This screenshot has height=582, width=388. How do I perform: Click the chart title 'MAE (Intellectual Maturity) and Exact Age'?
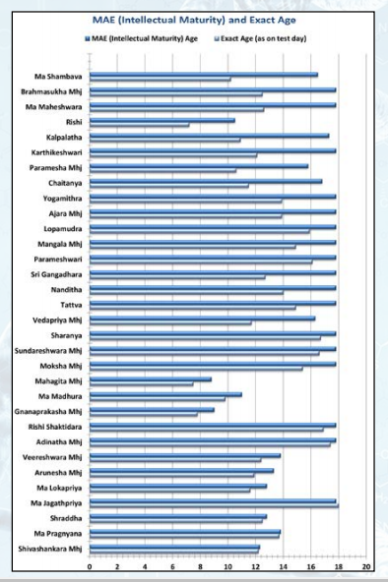pyautogui.click(x=194, y=20)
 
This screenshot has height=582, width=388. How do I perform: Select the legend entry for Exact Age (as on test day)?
pyautogui.click(x=260, y=38)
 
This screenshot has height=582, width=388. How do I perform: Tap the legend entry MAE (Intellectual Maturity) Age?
pyautogui.click(x=142, y=38)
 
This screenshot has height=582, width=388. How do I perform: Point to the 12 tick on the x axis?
pyautogui.click(x=255, y=567)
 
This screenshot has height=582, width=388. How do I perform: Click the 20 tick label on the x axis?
pyautogui.click(x=366, y=567)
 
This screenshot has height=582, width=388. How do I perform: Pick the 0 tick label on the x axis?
pyautogui.click(x=90, y=567)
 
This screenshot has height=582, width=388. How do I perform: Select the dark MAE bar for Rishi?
pyautogui.click(x=162, y=120)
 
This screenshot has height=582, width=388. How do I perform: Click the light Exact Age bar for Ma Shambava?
pyautogui.click(x=161, y=79)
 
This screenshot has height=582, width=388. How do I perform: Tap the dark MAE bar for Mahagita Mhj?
pyautogui.click(x=151, y=379)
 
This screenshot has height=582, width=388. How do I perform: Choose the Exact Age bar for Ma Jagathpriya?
pyautogui.click(x=214, y=506)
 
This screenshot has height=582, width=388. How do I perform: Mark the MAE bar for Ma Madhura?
pyautogui.click(x=165, y=394)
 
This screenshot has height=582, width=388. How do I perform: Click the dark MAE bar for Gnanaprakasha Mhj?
pyautogui.click(x=152, y=410)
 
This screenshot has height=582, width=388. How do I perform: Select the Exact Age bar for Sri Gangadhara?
pyautogui.click(x=177, y=277)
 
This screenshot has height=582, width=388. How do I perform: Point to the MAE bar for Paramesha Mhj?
pyautogui.click(x=199, y=166)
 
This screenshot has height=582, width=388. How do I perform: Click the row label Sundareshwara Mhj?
pyautogui.click(x=48, y=351)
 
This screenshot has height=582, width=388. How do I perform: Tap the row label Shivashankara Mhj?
pyautogui.click(x=50, y=549)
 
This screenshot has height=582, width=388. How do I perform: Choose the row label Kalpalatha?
pyautogui.click(x=64, y=138)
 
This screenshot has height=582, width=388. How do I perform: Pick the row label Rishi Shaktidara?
pyautogui.click(x=55, y=427)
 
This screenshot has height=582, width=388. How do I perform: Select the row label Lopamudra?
pyautogui.click(x=63, y=229)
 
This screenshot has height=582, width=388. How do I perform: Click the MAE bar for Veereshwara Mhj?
pyautogui.click(x=185, y=455)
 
